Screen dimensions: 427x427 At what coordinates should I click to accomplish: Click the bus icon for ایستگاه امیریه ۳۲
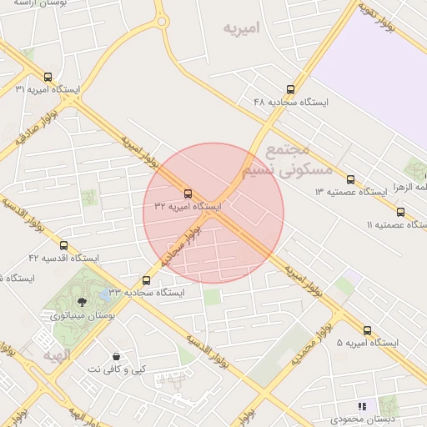[188, 193]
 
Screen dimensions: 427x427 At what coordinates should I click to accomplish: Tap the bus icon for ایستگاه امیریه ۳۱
[48, 77]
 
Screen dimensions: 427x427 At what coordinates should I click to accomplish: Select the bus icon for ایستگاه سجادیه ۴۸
[290, 89]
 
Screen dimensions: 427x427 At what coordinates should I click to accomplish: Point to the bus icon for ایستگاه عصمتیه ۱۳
[350, 179]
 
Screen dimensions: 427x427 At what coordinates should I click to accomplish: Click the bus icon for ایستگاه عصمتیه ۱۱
[401, 212]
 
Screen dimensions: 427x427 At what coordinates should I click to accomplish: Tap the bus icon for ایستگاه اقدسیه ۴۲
[63, 245]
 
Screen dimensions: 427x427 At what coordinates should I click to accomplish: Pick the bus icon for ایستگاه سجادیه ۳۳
[147, 280]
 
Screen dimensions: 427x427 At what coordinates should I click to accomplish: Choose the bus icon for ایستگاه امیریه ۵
[368, 330]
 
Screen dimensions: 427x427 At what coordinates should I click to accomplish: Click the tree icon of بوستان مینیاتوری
[82, 303]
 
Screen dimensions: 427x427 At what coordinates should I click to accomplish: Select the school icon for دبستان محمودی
[361, 405]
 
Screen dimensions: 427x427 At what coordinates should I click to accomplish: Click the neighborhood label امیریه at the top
[241, 28]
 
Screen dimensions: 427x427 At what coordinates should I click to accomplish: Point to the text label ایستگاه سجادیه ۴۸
[291, 102]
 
